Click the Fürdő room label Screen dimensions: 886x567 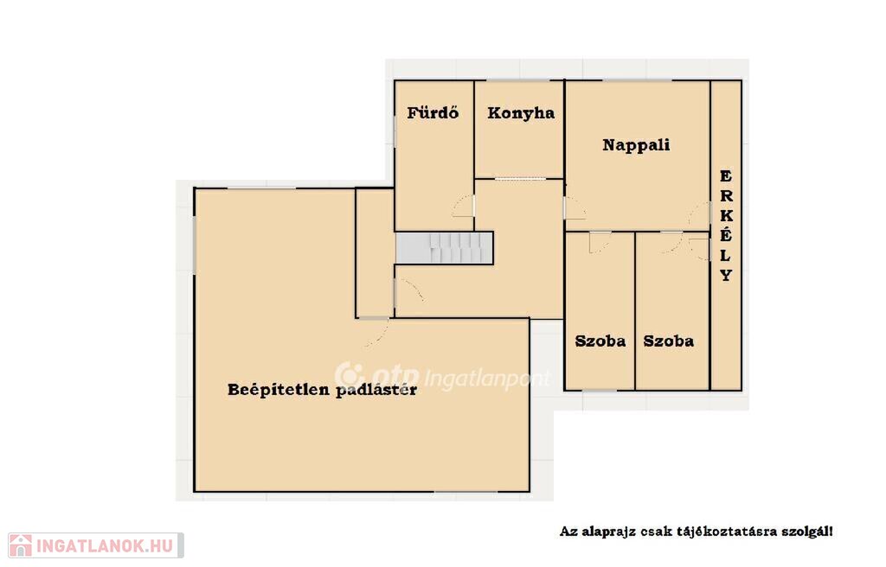(x=433, y=112)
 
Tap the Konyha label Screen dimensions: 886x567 (x=521, y=113)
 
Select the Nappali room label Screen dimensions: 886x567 (x=636, y=145)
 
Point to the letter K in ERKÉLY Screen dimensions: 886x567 (x=727, y=216)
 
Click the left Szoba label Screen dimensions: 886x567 (x=600, y=341)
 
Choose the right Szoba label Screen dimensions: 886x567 (x=669, y=341)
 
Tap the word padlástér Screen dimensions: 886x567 (x=376, y=390)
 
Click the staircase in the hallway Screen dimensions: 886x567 (x=444, y=248)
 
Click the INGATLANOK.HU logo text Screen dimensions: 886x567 (x=104, y=545)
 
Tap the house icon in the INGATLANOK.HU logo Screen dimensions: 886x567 (x=21, y=545)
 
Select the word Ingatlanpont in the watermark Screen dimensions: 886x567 (x=486, y=379)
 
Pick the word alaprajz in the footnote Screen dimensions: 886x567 (x=607, y=532)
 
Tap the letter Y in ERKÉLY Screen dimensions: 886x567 (x=727, y=275)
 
